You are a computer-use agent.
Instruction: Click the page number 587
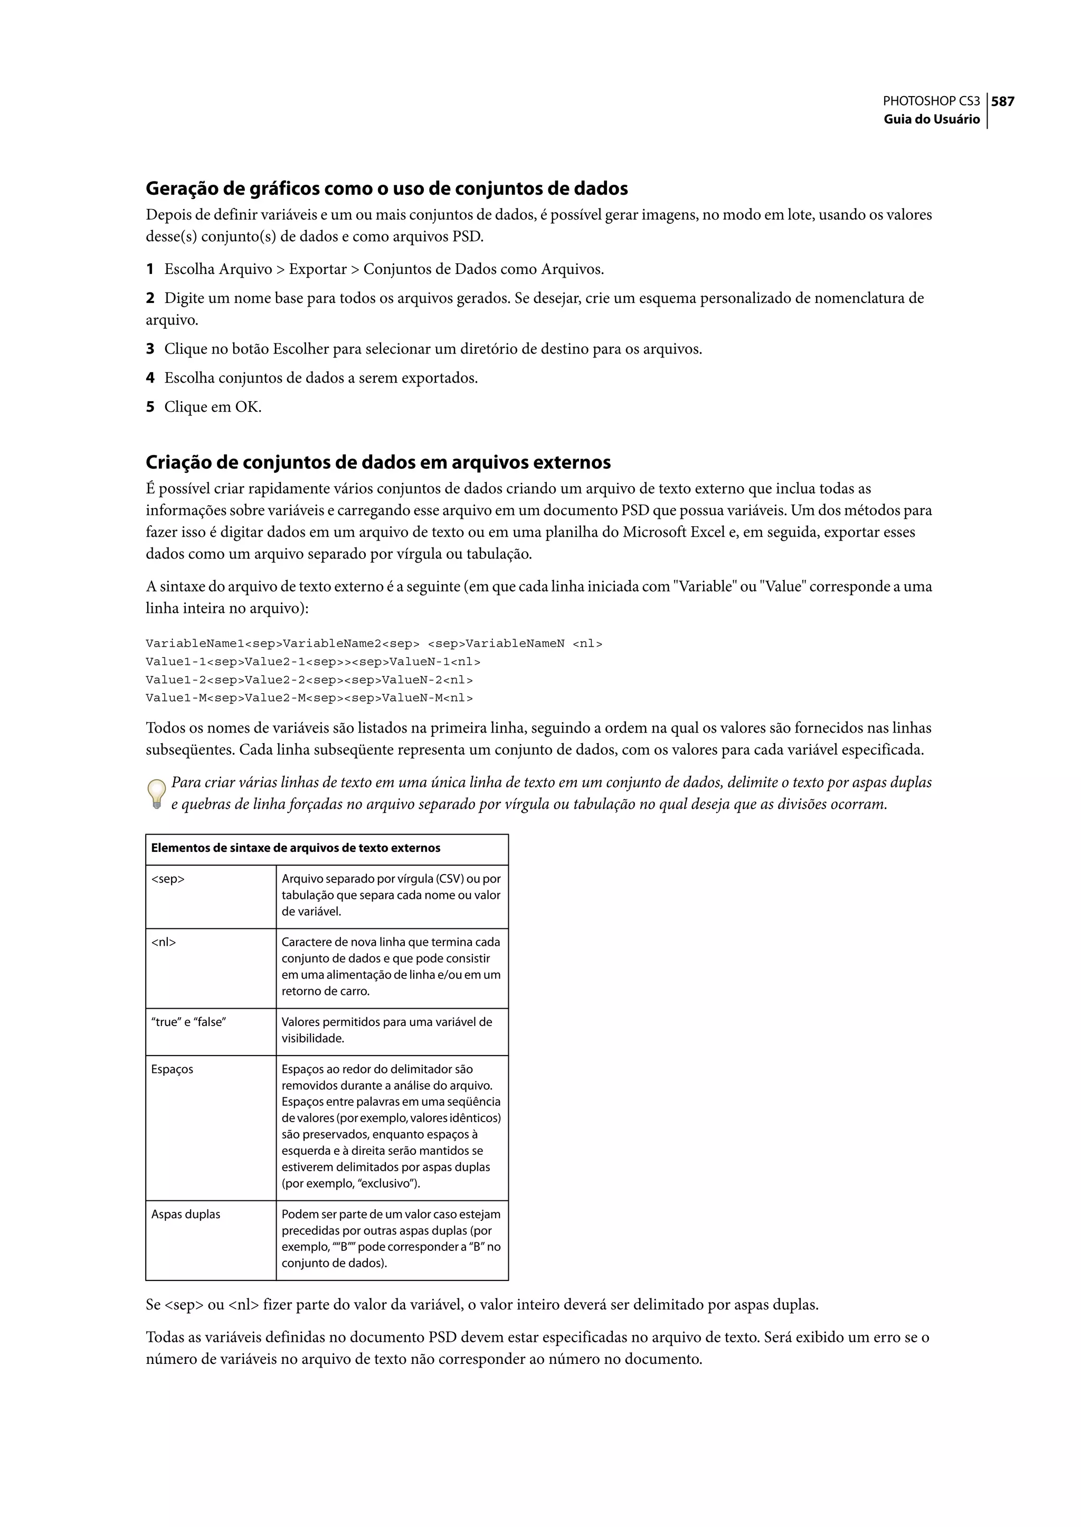tap(1002, 101)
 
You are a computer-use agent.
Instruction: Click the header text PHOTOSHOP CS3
tap(931, 101)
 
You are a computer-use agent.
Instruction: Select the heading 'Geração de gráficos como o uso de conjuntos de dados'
tap(386, 188)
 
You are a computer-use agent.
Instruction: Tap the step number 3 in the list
tap(150, 349)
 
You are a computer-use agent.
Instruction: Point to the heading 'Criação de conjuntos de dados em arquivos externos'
tap(377, 462)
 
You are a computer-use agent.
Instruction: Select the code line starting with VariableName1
tap(373, 643)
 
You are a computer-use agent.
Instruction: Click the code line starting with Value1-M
tap(309, 698)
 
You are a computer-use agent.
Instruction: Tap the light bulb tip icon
tap(156, 793)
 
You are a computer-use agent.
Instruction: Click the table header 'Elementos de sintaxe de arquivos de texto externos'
tap(296, 848)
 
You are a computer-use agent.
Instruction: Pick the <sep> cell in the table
tap(168, 879)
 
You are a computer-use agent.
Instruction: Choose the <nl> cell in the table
tap(164, 942)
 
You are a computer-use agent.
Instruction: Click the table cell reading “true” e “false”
tap(188, 1022)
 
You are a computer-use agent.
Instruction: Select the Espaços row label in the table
tap(173, 1069)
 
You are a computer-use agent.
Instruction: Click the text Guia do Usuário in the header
tap(931, 119)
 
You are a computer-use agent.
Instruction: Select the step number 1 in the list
tap(150, 270)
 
